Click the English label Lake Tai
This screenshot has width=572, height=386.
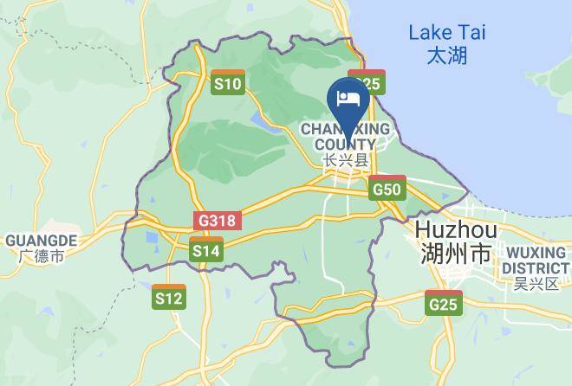click(447, 34)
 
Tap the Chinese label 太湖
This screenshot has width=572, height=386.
click(447, 56)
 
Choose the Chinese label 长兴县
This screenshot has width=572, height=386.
click(345, 160)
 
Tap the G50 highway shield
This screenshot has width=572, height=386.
click(387, 188)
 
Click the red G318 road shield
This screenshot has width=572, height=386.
click(216, 221)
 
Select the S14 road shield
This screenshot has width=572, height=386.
click(206, 250)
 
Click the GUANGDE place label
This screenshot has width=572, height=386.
click(41, 240)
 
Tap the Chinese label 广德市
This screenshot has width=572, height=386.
click(41, 256)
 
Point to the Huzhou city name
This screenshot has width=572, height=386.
click(456, 230)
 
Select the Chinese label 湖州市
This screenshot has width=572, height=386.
click(455, 254)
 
